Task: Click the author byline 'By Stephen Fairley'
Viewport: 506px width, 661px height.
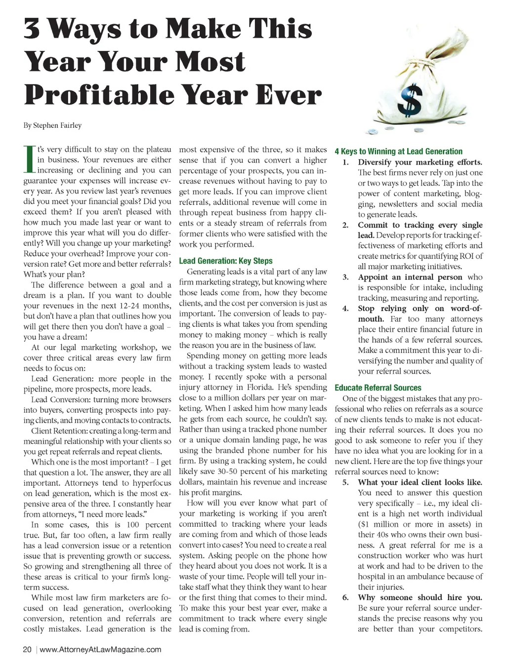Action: coord(52,125)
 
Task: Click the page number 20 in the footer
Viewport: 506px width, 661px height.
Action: coord(27,649)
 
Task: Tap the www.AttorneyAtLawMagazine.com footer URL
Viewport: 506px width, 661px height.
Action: coord(100,649)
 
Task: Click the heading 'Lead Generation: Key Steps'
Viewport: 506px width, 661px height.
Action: coord(226,261)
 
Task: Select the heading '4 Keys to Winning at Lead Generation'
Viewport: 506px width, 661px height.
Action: coord(398,151)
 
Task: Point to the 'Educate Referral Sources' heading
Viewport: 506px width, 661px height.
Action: coord(378,388)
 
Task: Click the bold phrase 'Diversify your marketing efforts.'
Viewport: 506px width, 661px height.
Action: coord(420,162)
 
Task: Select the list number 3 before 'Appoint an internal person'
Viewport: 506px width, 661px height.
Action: coord(345,277)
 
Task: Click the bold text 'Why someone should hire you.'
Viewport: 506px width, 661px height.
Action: coord(420,597)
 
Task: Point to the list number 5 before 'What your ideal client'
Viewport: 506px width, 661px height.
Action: coord(345,482)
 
